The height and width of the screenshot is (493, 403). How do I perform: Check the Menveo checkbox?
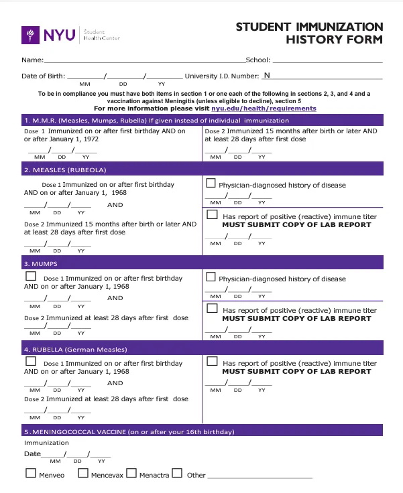30,474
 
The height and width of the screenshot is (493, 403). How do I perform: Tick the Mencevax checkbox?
83,474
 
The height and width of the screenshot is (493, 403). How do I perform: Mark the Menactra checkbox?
131,474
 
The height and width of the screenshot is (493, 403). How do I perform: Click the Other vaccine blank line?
260,476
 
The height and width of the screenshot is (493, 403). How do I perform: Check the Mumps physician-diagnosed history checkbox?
211,277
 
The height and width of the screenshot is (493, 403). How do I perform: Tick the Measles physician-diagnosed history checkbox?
211,183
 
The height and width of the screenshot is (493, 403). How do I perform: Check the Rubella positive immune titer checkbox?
212,362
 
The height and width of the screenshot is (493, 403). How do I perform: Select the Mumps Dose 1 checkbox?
30,276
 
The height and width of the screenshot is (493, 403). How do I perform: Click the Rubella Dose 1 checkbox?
30,362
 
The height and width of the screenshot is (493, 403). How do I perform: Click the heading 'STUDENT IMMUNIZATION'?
309,27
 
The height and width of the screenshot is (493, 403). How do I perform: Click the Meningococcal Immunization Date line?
77,455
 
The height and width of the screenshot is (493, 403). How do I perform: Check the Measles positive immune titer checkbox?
212,215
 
